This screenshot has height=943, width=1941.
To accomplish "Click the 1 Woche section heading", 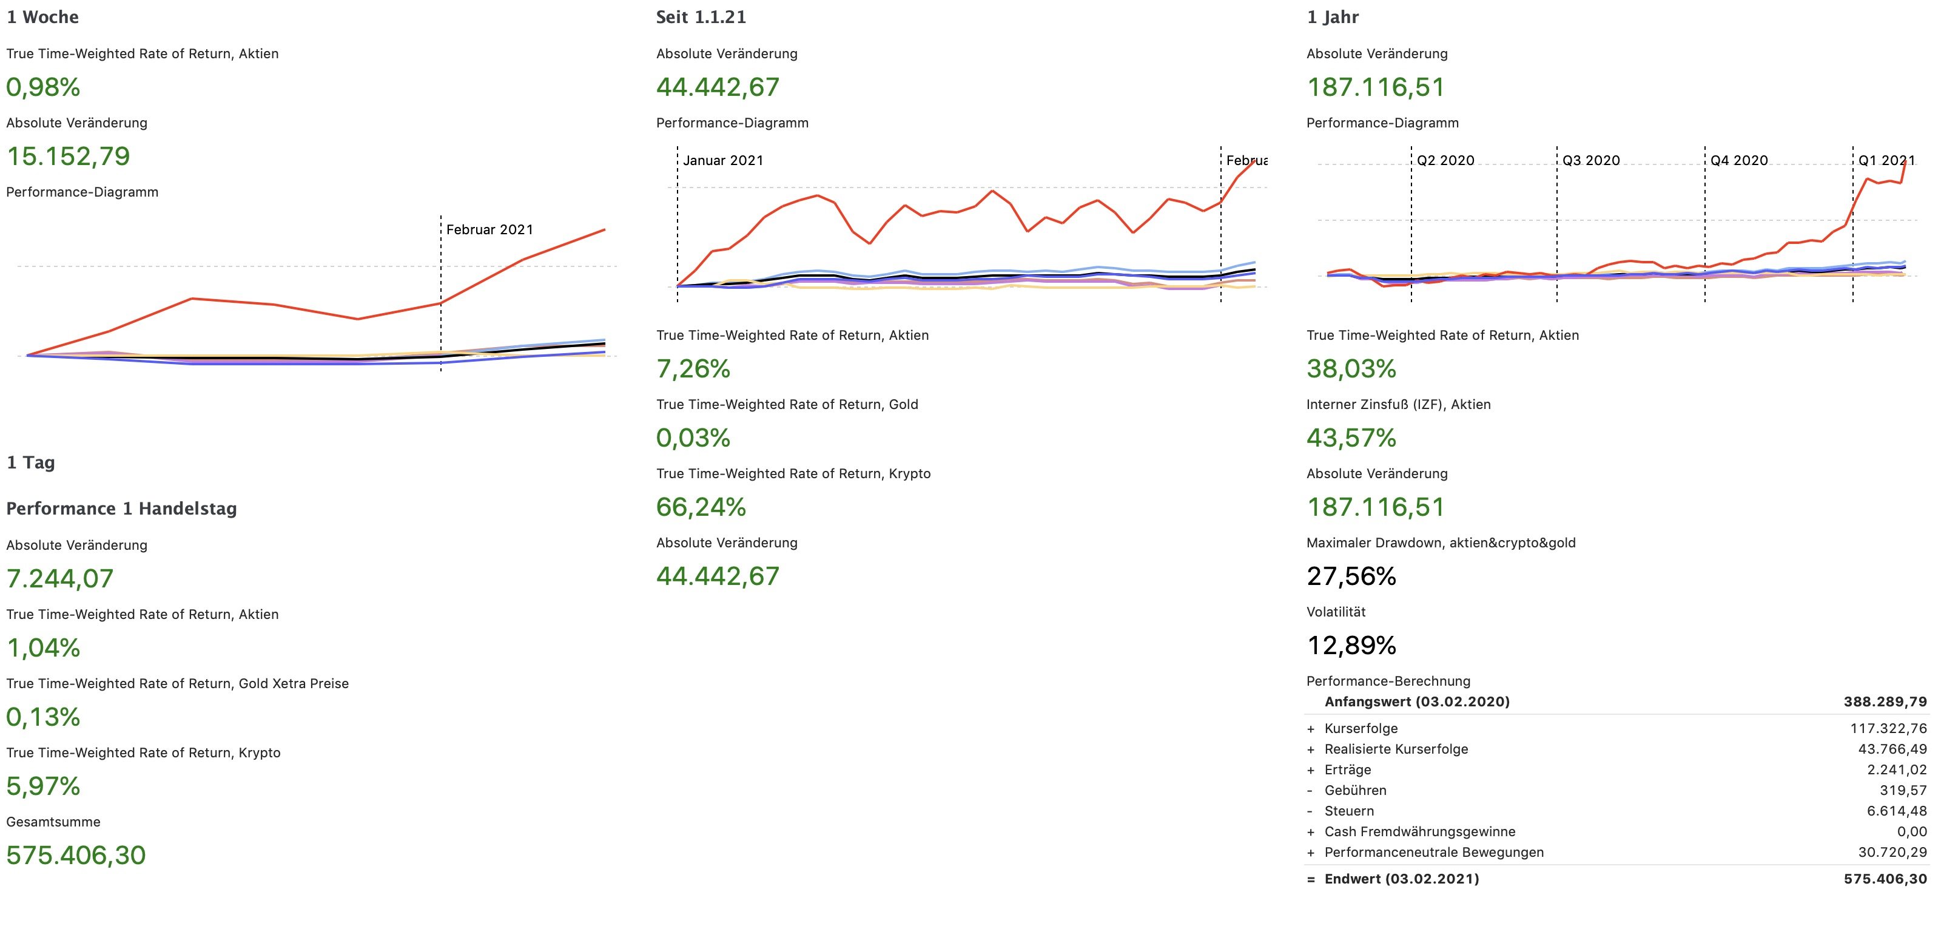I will click(x=42, y=16).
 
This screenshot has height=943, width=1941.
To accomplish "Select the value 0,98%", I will click(x=43, y=87).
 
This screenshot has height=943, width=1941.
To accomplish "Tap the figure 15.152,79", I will click(x=68, y=156).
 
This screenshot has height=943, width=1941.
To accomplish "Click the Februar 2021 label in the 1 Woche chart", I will click(x=489, y=229).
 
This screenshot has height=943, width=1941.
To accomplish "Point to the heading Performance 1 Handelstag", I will click(x=121, y=509).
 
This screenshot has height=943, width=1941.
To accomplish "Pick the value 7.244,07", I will click(x=59, y=578).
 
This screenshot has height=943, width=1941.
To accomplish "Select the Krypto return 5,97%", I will click(x=43, y=786).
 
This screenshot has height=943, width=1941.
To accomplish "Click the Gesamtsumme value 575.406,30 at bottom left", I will click(x=75, y=855).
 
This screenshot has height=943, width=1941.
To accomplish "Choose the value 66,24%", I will click(x=701, y=507).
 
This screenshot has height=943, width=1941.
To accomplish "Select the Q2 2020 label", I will click(x=1445, y=160).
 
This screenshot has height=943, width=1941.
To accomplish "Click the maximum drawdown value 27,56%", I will click(x=1351, y=576).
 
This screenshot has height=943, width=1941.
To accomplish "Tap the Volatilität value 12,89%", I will click(x=1351, y=645).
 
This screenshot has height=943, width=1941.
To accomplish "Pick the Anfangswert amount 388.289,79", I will click(x=1885, y=701).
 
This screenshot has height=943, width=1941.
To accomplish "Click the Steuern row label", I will click(x=1349, y=811).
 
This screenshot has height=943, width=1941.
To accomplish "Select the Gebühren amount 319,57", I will click(x=1903, y=790).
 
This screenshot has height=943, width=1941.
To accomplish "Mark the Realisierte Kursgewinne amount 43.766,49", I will click(x=1892, y=749).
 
